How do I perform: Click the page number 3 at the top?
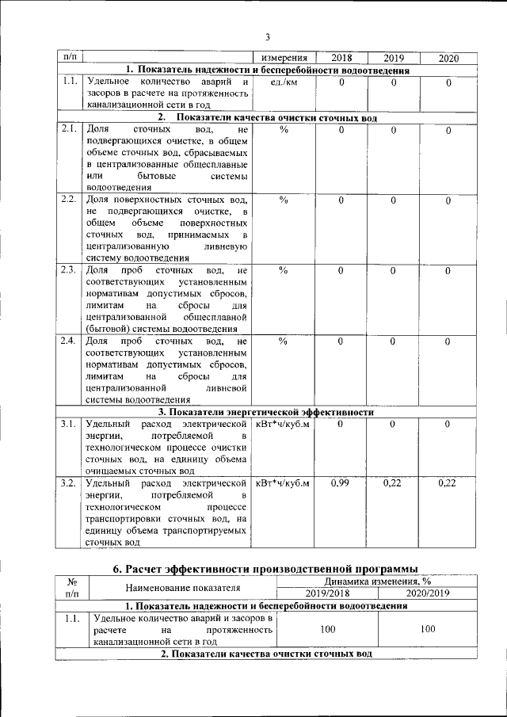267,36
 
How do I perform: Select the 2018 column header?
341,58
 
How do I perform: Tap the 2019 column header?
394,58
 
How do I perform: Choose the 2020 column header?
448,58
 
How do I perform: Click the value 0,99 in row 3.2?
341,482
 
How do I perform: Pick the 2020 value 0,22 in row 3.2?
447,482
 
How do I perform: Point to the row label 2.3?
68,271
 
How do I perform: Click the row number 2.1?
68,129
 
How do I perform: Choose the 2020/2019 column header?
428,593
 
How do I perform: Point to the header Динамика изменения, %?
378,582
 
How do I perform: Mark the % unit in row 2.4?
284,341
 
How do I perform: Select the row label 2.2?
68,200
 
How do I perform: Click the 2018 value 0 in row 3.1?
341,425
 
